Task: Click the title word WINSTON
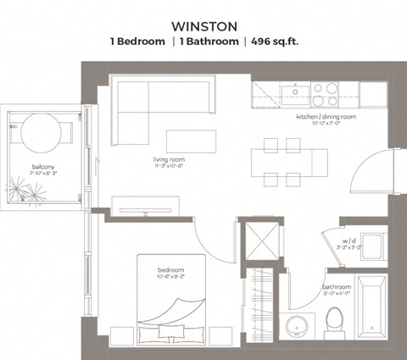pyautogui.click(x=203, y=25)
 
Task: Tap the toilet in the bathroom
pyautogui.click(x=334, y=320)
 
